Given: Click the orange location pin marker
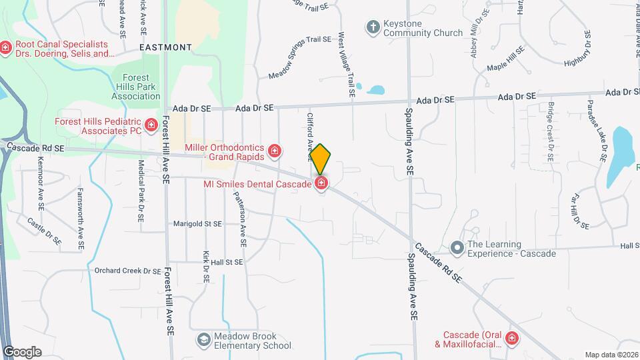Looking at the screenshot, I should [321, 159].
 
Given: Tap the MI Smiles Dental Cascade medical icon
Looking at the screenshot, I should [321, 183].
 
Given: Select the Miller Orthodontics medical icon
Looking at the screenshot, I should [274, 152].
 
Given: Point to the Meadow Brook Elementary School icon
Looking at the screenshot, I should [203, 341].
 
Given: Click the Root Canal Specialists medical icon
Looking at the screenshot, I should [6, 47].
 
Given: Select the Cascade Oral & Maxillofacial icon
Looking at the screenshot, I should [512, 339].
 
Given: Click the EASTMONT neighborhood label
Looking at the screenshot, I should [166, 47].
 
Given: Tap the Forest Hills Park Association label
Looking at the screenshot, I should [136, 87].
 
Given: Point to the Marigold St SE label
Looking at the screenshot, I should [197, 224].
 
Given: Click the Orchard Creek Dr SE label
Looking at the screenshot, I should [127, 271].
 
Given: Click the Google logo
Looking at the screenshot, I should [21, 351].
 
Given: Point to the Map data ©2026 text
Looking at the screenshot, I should [611, 355].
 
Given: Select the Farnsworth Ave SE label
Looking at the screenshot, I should [80, 219].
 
